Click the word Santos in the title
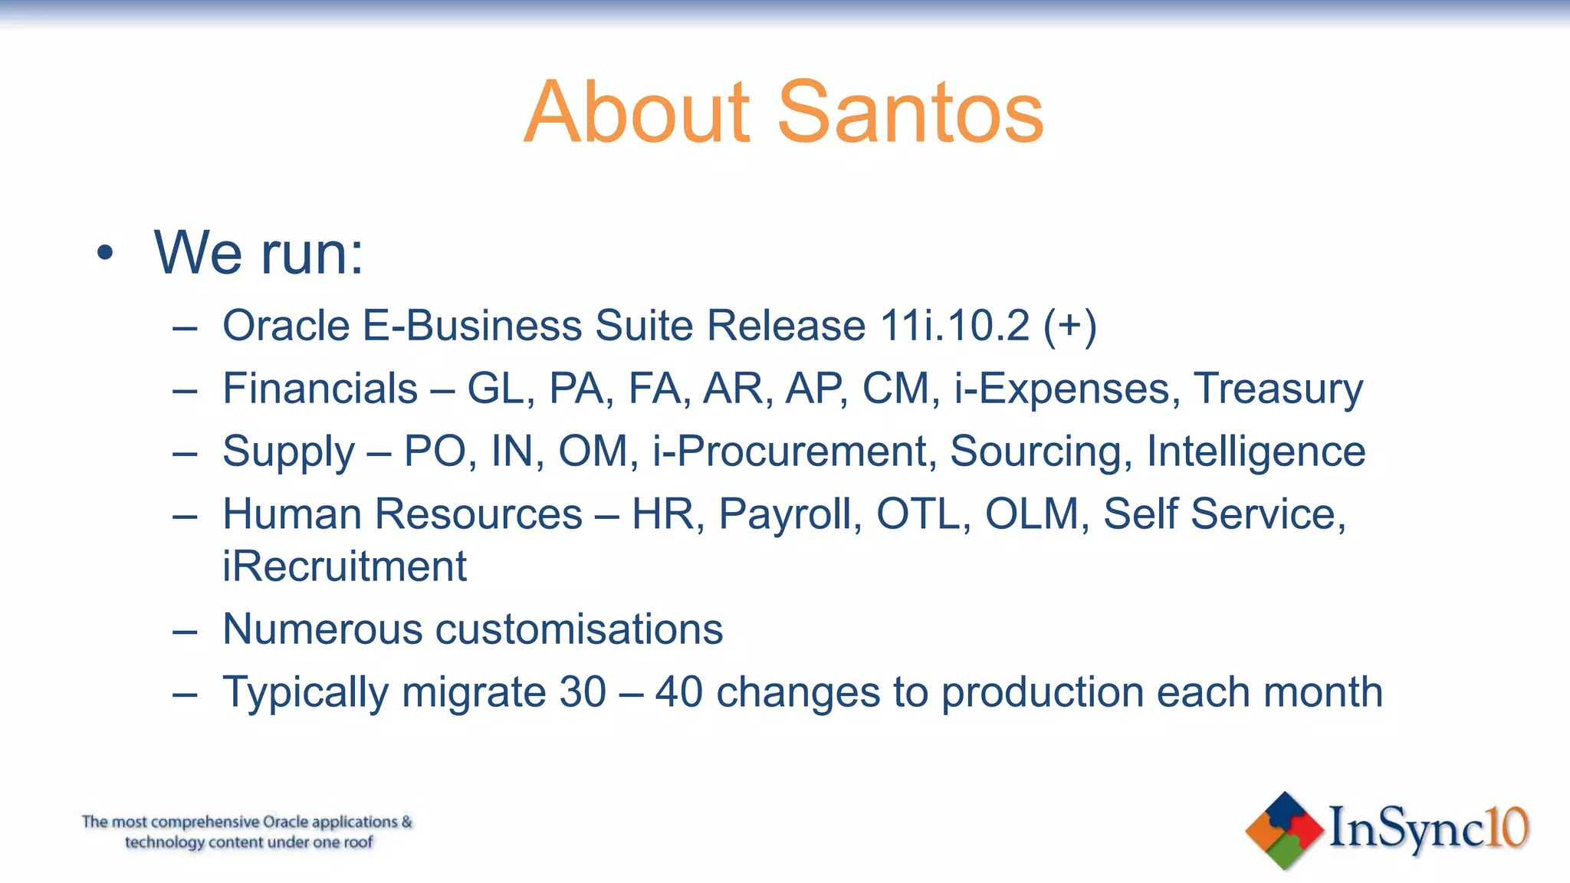click(x=910, y=113)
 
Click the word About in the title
click(x=637, y=113)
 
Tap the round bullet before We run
click(x=106, y=253)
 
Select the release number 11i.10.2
click(x=954, y=325)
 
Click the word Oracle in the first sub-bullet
click(x=287, y=325)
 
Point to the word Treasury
click(x=1278, y=389)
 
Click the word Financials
click(x=320, y=388)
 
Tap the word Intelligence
click(x=1256, y=451)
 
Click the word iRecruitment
click(x=344, y=566)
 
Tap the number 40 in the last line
click(x=678, y=691)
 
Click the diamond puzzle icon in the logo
click(x=1284, y=830)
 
